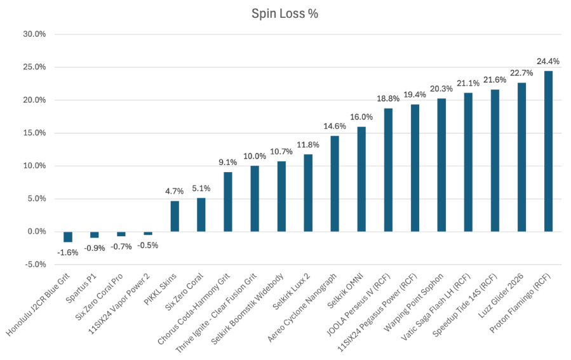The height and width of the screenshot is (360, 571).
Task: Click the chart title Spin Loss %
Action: tap(285, 14)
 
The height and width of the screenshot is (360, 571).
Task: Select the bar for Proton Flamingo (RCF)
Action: tap(548, 151)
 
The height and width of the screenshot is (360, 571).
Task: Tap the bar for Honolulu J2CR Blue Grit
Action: tap(68, 237)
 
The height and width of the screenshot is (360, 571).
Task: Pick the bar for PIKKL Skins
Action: tap(175, 217)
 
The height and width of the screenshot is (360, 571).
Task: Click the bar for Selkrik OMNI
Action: tap(361, 179)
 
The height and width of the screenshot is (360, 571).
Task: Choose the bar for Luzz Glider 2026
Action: tap(521, 157)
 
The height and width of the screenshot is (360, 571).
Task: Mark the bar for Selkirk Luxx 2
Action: tap(308, 193)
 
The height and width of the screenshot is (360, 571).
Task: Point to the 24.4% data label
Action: tap(548, 61)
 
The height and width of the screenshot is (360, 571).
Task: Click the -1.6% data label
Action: tap(68, 253)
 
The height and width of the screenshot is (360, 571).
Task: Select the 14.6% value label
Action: tap(335, 126)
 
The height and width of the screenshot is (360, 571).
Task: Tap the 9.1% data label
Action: tap(227, 163)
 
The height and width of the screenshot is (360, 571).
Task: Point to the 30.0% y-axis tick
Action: tap(34, 34)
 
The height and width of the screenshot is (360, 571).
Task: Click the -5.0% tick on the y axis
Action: tap(36, 265)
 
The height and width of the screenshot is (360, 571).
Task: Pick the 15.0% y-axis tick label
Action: tap(34, 133)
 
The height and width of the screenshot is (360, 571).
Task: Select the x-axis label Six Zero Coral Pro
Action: tap(99, 297)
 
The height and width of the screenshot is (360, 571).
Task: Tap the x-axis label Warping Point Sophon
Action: tap(414, 302)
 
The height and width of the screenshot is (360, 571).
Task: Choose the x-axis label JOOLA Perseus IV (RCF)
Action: tap(359, 305)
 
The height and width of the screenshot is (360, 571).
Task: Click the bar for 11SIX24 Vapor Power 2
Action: tap(148, 233)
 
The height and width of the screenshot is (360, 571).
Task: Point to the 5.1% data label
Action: tap(201, 189)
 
